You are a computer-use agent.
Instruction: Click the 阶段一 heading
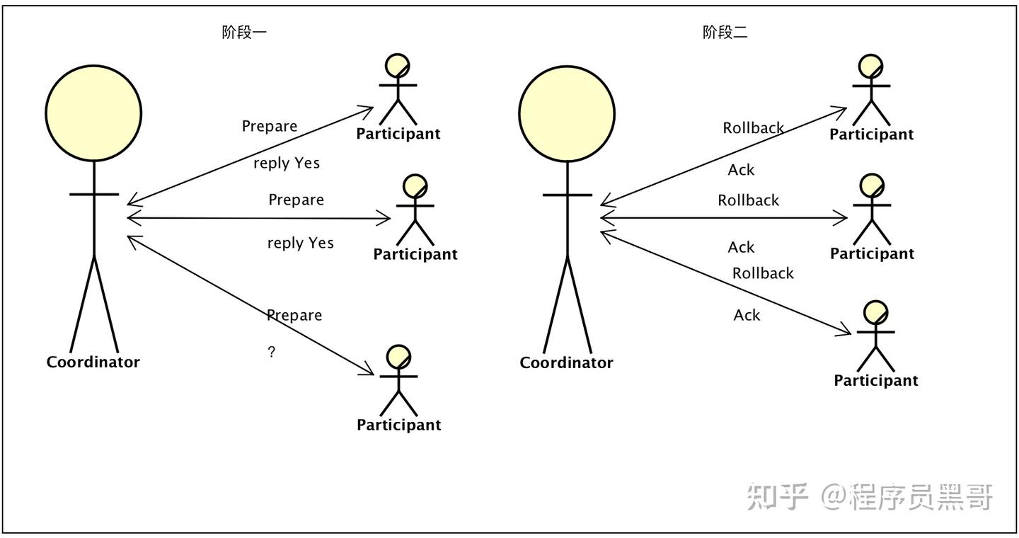coord(244,33)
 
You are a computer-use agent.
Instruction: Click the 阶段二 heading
coord(725,33)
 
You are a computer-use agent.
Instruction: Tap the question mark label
coord(272,352)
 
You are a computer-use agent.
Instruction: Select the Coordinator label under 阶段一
coord(93,362)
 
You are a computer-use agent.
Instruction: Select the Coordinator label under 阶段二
coord(566,362)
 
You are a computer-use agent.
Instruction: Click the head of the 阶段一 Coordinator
coord(93,113)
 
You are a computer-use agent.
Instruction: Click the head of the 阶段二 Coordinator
coord(566,113)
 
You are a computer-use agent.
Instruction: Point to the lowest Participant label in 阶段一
coord(398,425)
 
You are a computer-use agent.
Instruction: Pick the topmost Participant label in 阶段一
coord(398,134)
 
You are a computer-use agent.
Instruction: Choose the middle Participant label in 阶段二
coord(872,253)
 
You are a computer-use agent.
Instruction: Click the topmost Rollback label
coord(753,128)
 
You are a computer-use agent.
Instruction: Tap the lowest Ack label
coord(747,315)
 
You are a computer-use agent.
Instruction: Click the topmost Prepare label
coord(270,126)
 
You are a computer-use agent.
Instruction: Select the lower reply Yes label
coord(300,243)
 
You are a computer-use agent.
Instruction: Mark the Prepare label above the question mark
coord(294,315)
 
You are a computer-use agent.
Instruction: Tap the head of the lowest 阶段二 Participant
coord(876,313)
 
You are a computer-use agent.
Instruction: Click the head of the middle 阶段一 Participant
coord(415,187)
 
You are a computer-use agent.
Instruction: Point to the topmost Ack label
coord(741,170)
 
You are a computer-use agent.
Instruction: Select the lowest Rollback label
coord(763,273)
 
